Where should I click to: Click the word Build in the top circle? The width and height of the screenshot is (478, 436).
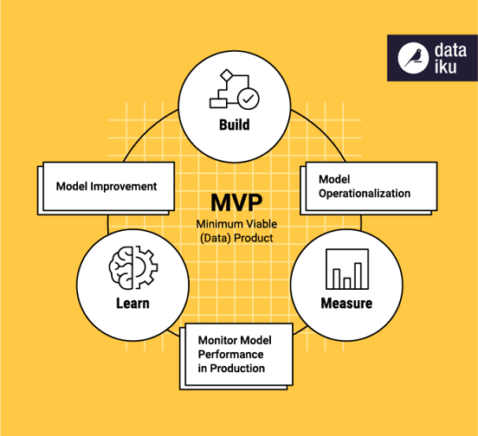point(234,125)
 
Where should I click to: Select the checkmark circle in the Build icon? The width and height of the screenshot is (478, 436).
point(249,97)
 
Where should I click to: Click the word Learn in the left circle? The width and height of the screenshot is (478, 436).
point(132,303)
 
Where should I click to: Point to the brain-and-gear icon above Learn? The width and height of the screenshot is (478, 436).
point(132,267)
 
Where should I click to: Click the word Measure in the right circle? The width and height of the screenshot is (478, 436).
point(346,303)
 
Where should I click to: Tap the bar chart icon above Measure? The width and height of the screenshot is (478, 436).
point(346,269)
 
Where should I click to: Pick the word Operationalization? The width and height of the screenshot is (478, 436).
point(365,193)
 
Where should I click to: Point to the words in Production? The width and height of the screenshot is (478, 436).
point(231,369)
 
